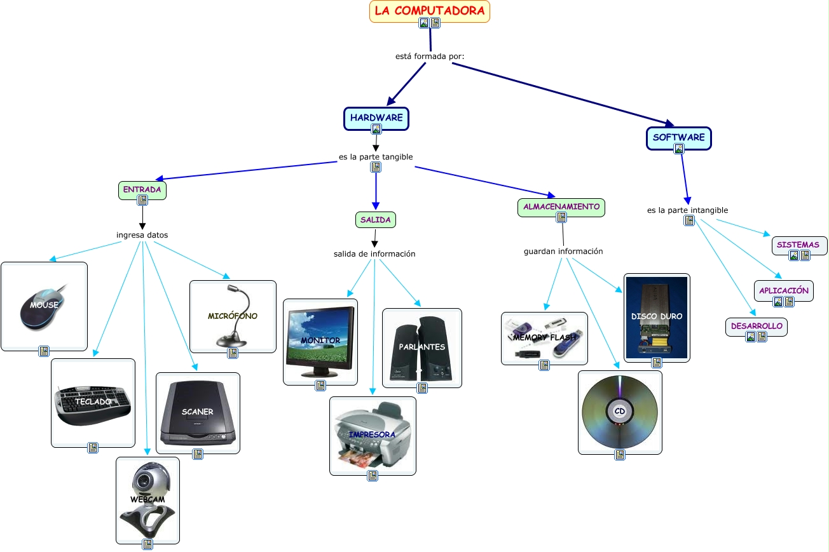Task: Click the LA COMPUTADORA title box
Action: [x=429, y=11]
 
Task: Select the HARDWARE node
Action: [x=376, y=118]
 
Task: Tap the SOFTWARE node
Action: [x=678, y=137]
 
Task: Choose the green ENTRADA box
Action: [x=142, y=189]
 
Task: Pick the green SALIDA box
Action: [x=375, y=219]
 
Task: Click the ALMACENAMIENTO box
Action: [x=561, y=206]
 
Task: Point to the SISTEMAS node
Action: [x=798, y=245]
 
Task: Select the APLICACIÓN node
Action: [x=783, y=290]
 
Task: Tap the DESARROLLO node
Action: [x=756, y=326]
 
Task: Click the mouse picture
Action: [x=44, y=306]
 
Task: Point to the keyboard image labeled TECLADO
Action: [x=93, y=402]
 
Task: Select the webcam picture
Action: [x=147, y=499]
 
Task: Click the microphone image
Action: [x=233, y=316]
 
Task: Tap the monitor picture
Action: [x=320, y=340]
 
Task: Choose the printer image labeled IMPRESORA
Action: [x=373, y=435]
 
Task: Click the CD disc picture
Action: [x=620, y=412]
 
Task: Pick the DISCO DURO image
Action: [x=657, y=317]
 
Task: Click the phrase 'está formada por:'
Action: [x=430, y=56]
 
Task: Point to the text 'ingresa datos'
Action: [x=142, y=235]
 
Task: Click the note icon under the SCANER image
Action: [x=198, y=454]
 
